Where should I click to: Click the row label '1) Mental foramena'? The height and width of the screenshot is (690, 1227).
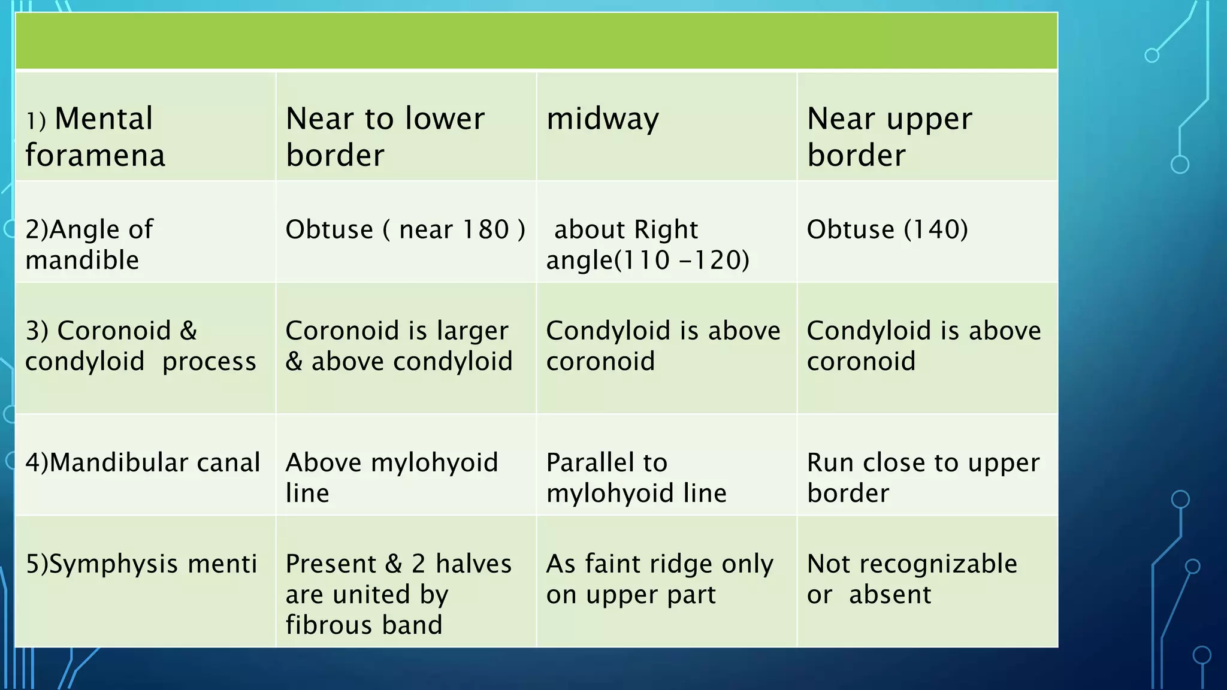point(96,137)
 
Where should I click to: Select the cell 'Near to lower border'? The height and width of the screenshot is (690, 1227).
point(385,137)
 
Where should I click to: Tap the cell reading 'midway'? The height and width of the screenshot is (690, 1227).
point(603,119)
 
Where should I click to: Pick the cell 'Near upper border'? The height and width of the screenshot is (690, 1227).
point(889,137)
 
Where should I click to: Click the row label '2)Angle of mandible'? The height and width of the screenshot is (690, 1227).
point(89,244)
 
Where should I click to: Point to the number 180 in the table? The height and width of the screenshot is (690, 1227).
point(485,230)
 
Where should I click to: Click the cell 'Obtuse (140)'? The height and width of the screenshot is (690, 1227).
point(887,230)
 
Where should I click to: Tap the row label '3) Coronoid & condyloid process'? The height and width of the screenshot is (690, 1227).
point(140,346)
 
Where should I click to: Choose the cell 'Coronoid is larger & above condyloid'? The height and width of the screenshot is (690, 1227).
point(399,346)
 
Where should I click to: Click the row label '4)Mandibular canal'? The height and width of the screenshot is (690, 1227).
point(143,462)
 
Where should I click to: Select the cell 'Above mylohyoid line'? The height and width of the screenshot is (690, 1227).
point(392,477)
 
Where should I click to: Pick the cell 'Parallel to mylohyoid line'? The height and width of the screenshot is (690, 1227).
point(636,477)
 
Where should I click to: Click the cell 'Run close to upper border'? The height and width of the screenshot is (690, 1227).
point(923,477)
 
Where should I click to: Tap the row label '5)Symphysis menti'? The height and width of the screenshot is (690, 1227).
point(141,564)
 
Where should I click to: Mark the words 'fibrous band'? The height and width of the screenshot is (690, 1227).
point(364,625)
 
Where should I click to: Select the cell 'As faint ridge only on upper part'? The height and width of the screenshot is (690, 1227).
point(659,579)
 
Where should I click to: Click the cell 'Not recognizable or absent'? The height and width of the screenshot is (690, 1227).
point(911,579)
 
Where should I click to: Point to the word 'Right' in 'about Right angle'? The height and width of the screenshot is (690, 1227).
point(666,230)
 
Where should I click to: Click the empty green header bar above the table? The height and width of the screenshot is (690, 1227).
point(536,41)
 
